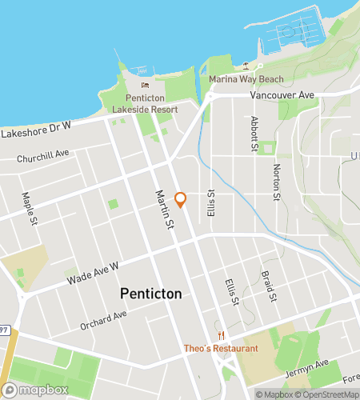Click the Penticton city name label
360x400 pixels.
pos(150,294)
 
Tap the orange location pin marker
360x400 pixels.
pos(181,200)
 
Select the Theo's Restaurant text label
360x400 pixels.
pos(221,348)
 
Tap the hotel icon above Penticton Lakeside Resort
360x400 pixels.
pos(145,86)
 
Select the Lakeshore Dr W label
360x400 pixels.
pos(36,130)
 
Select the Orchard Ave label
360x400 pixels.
pos(103,320)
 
